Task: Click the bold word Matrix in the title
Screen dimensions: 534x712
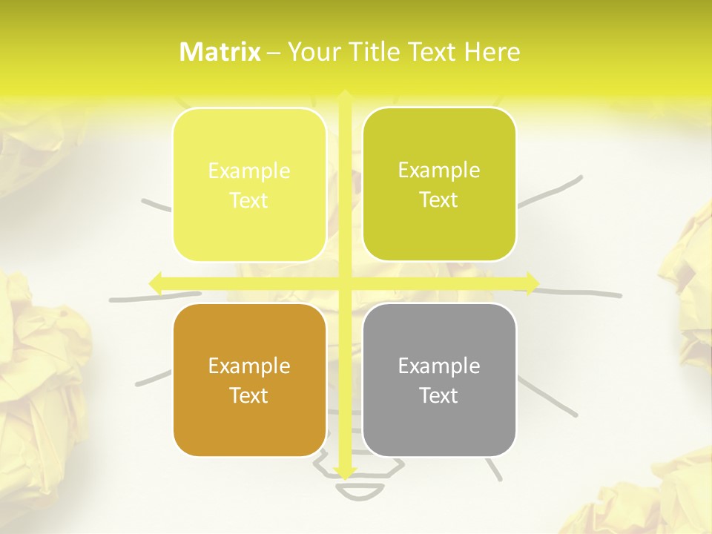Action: [x=220, y=52]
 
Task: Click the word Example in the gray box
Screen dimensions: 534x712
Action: [x=439, y=366]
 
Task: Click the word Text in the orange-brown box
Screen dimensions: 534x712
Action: [x=249, y=395]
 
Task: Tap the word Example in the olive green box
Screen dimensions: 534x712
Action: [x=439, y=170]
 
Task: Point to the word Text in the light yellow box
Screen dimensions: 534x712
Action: [x=249, y=200]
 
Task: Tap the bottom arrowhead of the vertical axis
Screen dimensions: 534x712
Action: [x=344, y=472]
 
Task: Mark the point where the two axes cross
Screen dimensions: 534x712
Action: [x=344, y=283]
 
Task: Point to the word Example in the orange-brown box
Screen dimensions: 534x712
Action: [x=249, y=366]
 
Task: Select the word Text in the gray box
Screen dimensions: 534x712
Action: [x=439, y=395]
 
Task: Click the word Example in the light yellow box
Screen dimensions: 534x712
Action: [x=249, y=171]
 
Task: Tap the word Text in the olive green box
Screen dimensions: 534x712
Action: [x=439, y=200]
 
